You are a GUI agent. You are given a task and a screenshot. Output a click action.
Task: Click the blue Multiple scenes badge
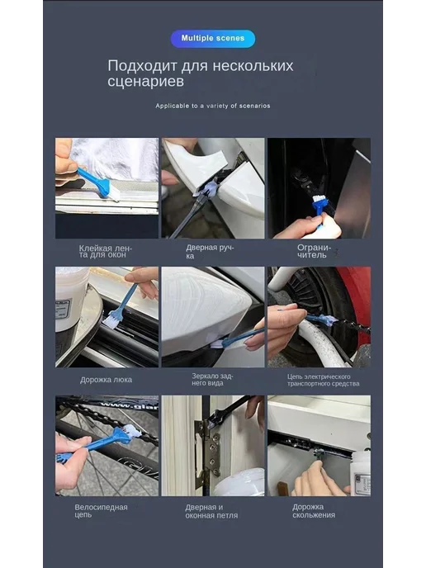pos(213,39)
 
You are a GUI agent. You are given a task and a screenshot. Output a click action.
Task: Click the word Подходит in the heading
pos(142,66)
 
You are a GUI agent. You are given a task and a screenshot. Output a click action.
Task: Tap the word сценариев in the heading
pos(145,81)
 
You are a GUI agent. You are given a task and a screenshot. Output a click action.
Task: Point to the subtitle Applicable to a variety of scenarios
pos(213,106)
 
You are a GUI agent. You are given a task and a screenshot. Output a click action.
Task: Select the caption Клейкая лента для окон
pos(106,252)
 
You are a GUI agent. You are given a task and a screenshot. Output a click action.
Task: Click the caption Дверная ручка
pos(210,252)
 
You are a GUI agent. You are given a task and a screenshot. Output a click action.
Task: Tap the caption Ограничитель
pos(314,251)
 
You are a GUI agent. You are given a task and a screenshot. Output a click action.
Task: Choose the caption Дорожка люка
pos(106,380)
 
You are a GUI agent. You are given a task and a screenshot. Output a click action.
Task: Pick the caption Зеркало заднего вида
pos(212,379)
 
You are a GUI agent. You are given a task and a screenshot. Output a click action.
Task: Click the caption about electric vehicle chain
pos(323,380)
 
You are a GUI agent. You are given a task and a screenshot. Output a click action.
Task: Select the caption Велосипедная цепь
pos(101,511)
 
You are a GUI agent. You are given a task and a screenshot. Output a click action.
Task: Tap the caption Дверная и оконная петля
pos(211,511)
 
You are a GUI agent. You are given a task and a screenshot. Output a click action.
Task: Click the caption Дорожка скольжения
pos(314,511)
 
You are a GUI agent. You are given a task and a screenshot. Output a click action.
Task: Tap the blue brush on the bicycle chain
pos(97,444)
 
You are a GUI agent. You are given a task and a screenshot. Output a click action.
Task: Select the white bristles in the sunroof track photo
pos(111,321)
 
